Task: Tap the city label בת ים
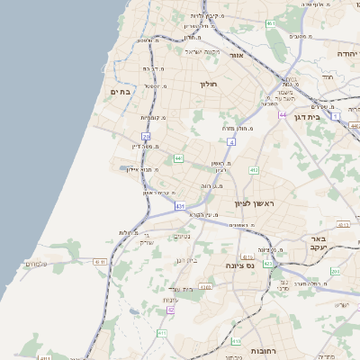[x=120, y=91]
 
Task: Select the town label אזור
[x=237, y=55]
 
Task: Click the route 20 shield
[x=146, y=136]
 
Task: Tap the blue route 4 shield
[x=230, y=142]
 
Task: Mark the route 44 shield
[x=283, y=115]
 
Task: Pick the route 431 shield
[x=181, y=207]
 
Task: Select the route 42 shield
[x=170, y=310]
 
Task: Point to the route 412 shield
[x=254, y=170]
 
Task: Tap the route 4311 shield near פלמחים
[x=99, y=262]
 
